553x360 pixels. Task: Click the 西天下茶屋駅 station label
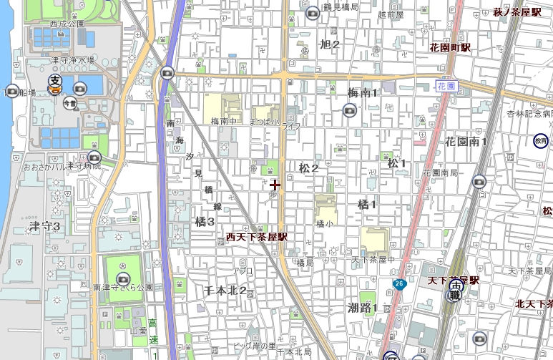[x=256, y=236]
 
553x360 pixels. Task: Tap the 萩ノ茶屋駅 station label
[x=519, y=12]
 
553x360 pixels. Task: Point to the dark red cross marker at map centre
[x=275, y=185]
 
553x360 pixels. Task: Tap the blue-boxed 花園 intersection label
[x=446, y=85]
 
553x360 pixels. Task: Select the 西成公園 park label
[x=67, y=24]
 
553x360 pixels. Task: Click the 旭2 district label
[x=329, y=44]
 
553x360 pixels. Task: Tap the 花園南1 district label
[x=466, y=142]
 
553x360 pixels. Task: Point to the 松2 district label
[x=309, y=168]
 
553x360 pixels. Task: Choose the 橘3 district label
[x=205, y=222]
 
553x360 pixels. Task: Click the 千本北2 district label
[x=225, y=291]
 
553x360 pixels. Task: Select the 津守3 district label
[x=44, y=226]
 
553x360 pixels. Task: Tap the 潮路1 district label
[x=363, y=308]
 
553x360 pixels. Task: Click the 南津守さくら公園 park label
[x=123, y=287]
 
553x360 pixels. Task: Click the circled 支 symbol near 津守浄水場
[x=54, y=81]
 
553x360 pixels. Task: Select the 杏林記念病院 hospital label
[x=530, y=114]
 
